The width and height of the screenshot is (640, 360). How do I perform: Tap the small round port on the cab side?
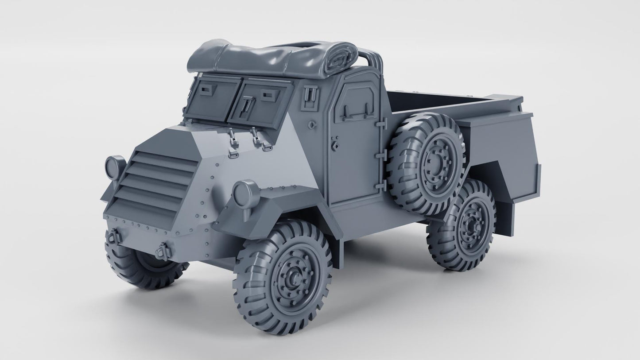click(313, 125)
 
